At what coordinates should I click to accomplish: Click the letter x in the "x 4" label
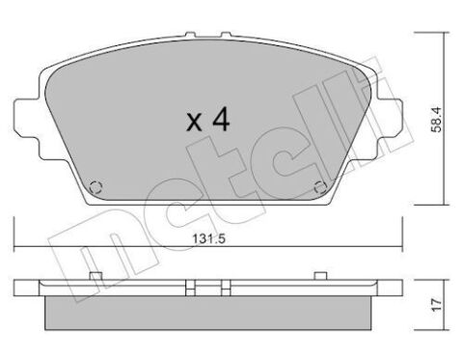click(193, 122)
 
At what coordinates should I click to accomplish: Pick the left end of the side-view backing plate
click(17, 288)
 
